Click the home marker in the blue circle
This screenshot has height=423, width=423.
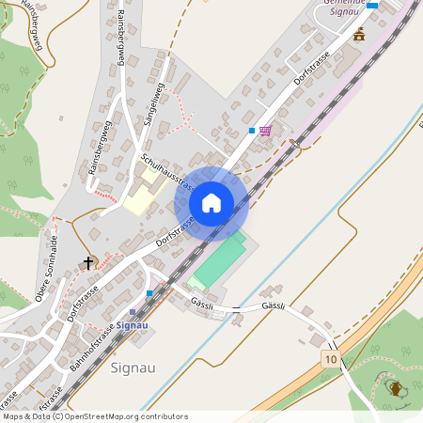(211, 202)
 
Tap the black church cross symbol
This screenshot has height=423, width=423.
(90, 263)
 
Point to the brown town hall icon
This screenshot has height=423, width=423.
(358, 36)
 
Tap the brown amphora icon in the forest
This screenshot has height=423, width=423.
(396, 387)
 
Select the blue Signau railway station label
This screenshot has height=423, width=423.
(135, 324)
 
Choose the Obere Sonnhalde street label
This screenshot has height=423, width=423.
(54, 274)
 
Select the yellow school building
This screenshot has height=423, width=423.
(142, 197)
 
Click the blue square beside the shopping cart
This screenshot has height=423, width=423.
(252, 130)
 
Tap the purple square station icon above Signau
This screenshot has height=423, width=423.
(133, 312)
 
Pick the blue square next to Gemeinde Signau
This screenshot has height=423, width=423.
(372, 6)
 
